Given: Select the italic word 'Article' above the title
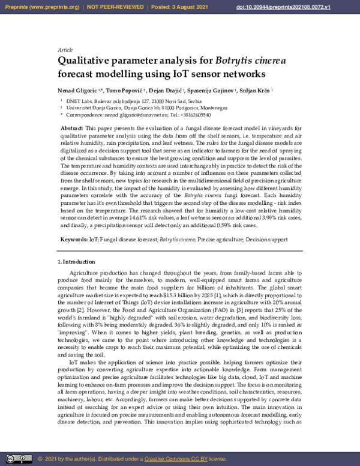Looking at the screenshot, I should coord(65,50).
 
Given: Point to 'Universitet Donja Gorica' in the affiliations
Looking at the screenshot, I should coord(96,107).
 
